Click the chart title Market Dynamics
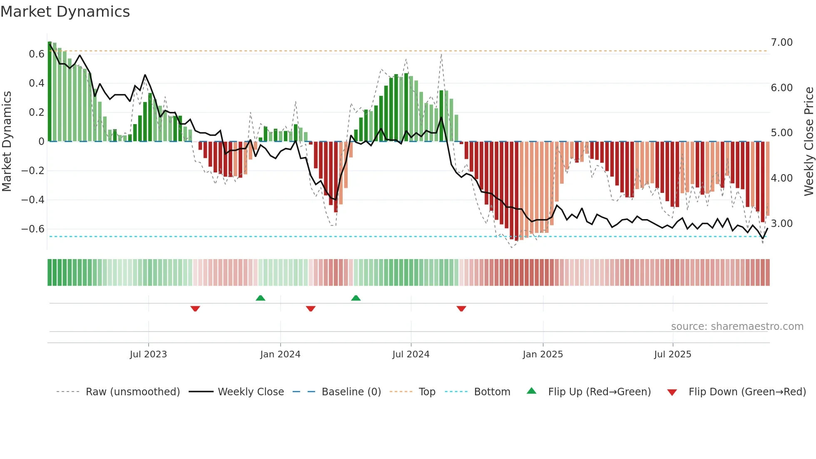pyautogui.click(x=65, y=12)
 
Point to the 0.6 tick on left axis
pyautogui.click(x=36, y=54)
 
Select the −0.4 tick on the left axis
pyautogui.click(x=33, y=200)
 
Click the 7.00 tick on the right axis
pyautogui.click(x=781, y=42)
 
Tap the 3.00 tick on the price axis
pyautogui.click(x=781, y=224)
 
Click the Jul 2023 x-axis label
pyautogui.click(x=148, y=354)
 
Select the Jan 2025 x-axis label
pyautogui.click(x=542, y=354)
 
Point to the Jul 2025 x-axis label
pyautogui.click(x=672, y=354)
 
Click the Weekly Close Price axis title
pyautogui.click(x=809, y=141)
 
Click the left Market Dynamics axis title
pyautogui.click(x=7, y=141)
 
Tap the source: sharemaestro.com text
pyautogui.click(x=737, y=327)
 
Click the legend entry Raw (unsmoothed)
pyautogui.click(x=132, y=392)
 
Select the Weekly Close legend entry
pyautogui.click(x=251, y=392)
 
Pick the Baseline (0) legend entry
pyautogui.click(x=351, y=392)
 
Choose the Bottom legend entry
pyautogui.click(x=492, y=392)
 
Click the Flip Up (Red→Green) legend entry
pyautogui.click(x=599, y=392)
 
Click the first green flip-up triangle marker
pyautogui.click(x=261, y=298)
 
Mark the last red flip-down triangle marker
pyautogui.click(x=461, y=309)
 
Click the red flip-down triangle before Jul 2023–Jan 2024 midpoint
pyautogui.click(x=195, y=309)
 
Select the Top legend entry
pyautogui.click(x=427, y=392)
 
